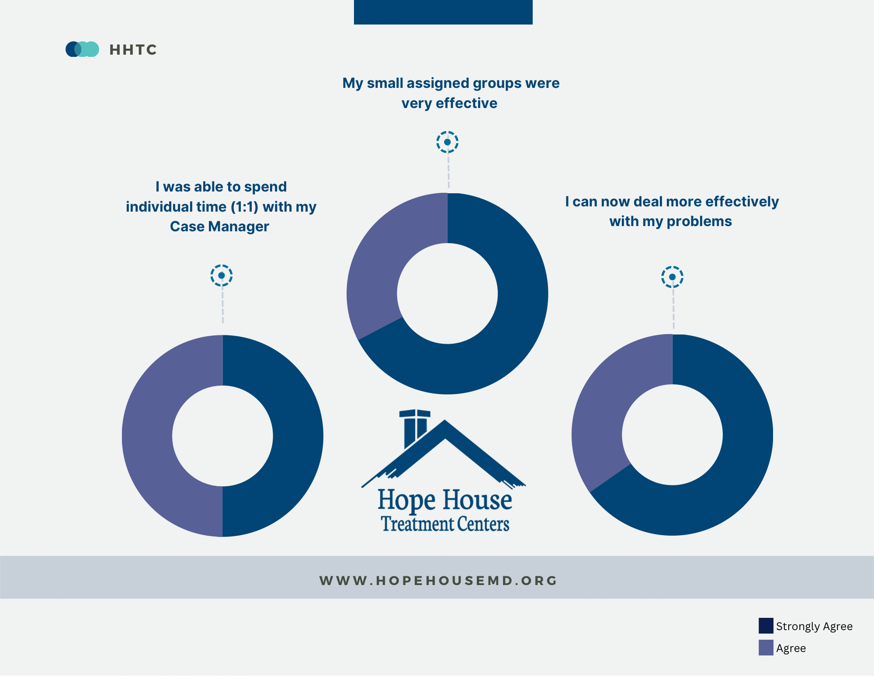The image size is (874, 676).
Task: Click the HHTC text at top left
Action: point(133,50)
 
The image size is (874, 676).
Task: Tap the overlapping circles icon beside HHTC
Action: point(82,49)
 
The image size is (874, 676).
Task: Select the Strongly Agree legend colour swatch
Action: point(766,626)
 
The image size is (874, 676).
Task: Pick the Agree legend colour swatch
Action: point(766,648)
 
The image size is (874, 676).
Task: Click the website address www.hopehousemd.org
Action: point(438,581)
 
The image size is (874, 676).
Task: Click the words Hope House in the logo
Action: point(444,500)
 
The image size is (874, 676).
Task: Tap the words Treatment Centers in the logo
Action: point(445,524)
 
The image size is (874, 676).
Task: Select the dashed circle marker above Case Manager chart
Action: point(222,275)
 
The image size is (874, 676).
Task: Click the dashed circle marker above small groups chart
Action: point(447,142)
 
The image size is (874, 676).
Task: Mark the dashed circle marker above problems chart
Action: point(672,277)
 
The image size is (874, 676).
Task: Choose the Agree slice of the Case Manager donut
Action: point(147,436)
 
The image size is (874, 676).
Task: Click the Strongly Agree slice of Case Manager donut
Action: point(298,436)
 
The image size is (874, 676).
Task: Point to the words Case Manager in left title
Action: point(219,226)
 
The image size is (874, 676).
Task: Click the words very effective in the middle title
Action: point(449,103)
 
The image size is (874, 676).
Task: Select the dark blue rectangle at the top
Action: point(443,12)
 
